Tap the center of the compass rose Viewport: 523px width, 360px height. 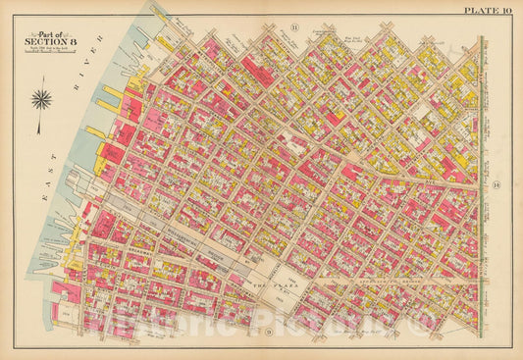point(42,99)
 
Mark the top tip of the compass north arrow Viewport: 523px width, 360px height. point(42,84)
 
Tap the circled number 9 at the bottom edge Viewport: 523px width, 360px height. point(267,332)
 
